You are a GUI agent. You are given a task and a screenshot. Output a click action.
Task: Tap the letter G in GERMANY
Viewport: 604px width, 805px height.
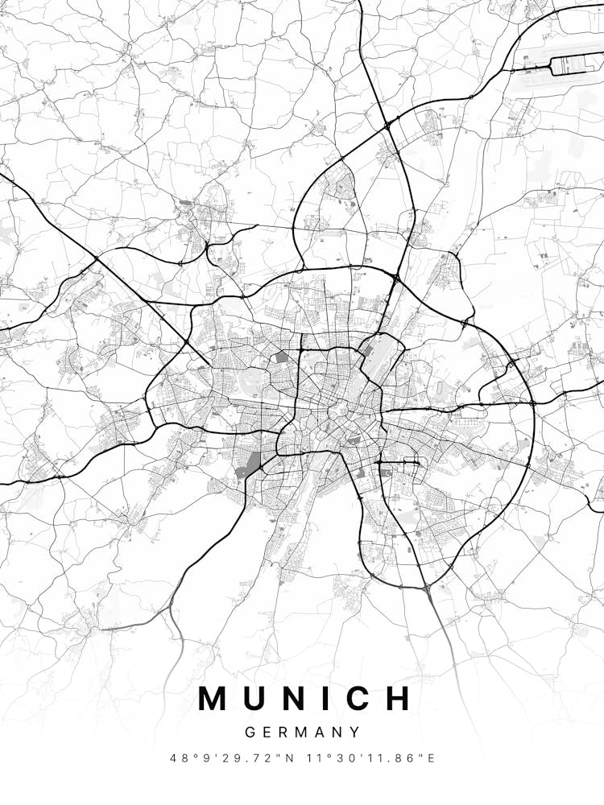click(x=249, y=733)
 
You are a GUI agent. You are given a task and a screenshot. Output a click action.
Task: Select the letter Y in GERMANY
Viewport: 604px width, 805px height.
click(x=355, y=733)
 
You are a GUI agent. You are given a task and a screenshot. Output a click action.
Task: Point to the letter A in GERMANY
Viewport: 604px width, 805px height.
click(x=320, y=733)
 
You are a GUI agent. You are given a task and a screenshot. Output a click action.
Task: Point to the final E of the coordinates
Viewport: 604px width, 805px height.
click(x=431, y=758)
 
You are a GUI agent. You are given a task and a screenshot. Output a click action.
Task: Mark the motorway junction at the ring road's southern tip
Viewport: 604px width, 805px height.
click(x=424, y=588)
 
